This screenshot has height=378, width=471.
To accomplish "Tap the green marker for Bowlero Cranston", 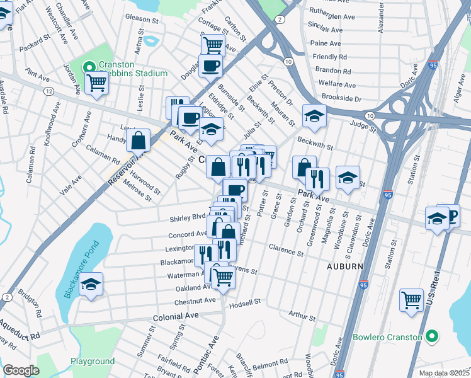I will (431, 337).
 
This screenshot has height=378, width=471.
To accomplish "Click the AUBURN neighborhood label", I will (344, 266).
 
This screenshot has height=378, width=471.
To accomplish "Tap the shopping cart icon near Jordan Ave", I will (96, 82).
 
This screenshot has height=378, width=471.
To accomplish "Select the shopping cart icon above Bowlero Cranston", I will (412, 300).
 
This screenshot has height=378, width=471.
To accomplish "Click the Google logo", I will (21, 370).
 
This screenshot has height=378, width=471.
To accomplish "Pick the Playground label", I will (92, 361).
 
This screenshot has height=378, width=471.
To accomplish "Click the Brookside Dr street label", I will (341, 99).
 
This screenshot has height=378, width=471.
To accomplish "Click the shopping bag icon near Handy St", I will (139, 140).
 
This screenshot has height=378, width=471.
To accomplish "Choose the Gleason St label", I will (141, 18).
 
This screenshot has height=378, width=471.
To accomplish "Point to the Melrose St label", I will (138, 193).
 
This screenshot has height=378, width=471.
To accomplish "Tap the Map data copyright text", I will (445, 373).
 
